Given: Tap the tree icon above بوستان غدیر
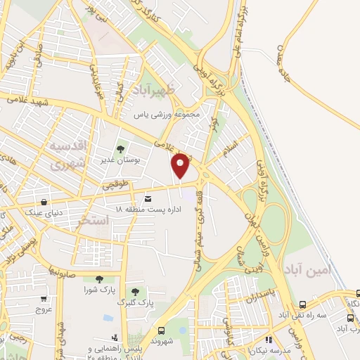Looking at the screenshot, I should click(x=120, y=149).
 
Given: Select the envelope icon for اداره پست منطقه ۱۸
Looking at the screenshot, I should click(x=147, y=198).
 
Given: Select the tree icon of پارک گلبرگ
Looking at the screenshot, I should click(x=134, y=291).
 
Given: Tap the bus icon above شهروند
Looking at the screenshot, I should click(x=162, y=330).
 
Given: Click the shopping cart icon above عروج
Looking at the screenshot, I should click(x=44, y=297).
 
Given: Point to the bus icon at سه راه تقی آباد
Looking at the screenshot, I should click(x=302, y=304).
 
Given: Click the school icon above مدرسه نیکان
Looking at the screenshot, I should click(x=269, y=340).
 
